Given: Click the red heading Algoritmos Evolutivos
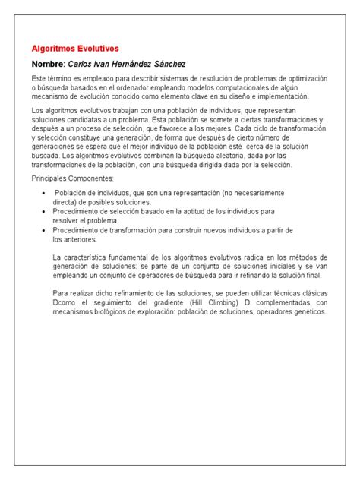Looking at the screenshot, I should (x=75, y=48).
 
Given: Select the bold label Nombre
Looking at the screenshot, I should (x=48, y=64).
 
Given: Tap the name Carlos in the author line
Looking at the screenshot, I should (x=83, y=64).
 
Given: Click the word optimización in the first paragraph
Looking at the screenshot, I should (x=303, y=79).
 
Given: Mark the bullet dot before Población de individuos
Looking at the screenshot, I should (x=40, y=193).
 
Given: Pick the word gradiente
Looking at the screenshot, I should (x=176, y=301).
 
